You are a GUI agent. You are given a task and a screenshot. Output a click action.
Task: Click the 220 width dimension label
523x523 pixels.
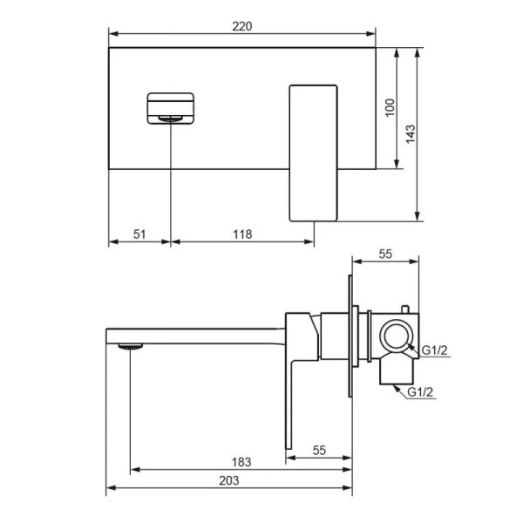(x=241, y=26)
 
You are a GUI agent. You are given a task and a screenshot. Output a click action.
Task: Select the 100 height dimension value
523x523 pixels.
(x=390, y=108)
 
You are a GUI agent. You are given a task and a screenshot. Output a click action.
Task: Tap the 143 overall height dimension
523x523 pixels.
(x=411, y=134)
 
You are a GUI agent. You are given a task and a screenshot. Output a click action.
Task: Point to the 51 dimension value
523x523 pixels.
(x=139, y=234)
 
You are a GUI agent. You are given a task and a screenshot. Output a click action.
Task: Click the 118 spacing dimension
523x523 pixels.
(x=242, y=234)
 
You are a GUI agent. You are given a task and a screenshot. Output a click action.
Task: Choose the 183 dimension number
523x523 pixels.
(x=241, y=462)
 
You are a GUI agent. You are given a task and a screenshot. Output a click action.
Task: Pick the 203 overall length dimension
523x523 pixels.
(x=229, y=480)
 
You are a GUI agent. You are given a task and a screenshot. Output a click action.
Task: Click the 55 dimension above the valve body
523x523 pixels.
(x=385, y=255)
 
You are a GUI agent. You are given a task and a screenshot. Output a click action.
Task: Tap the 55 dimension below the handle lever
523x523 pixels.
(x=319, y=451)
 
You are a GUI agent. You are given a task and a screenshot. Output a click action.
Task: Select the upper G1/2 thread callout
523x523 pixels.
(x=434, y=350)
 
